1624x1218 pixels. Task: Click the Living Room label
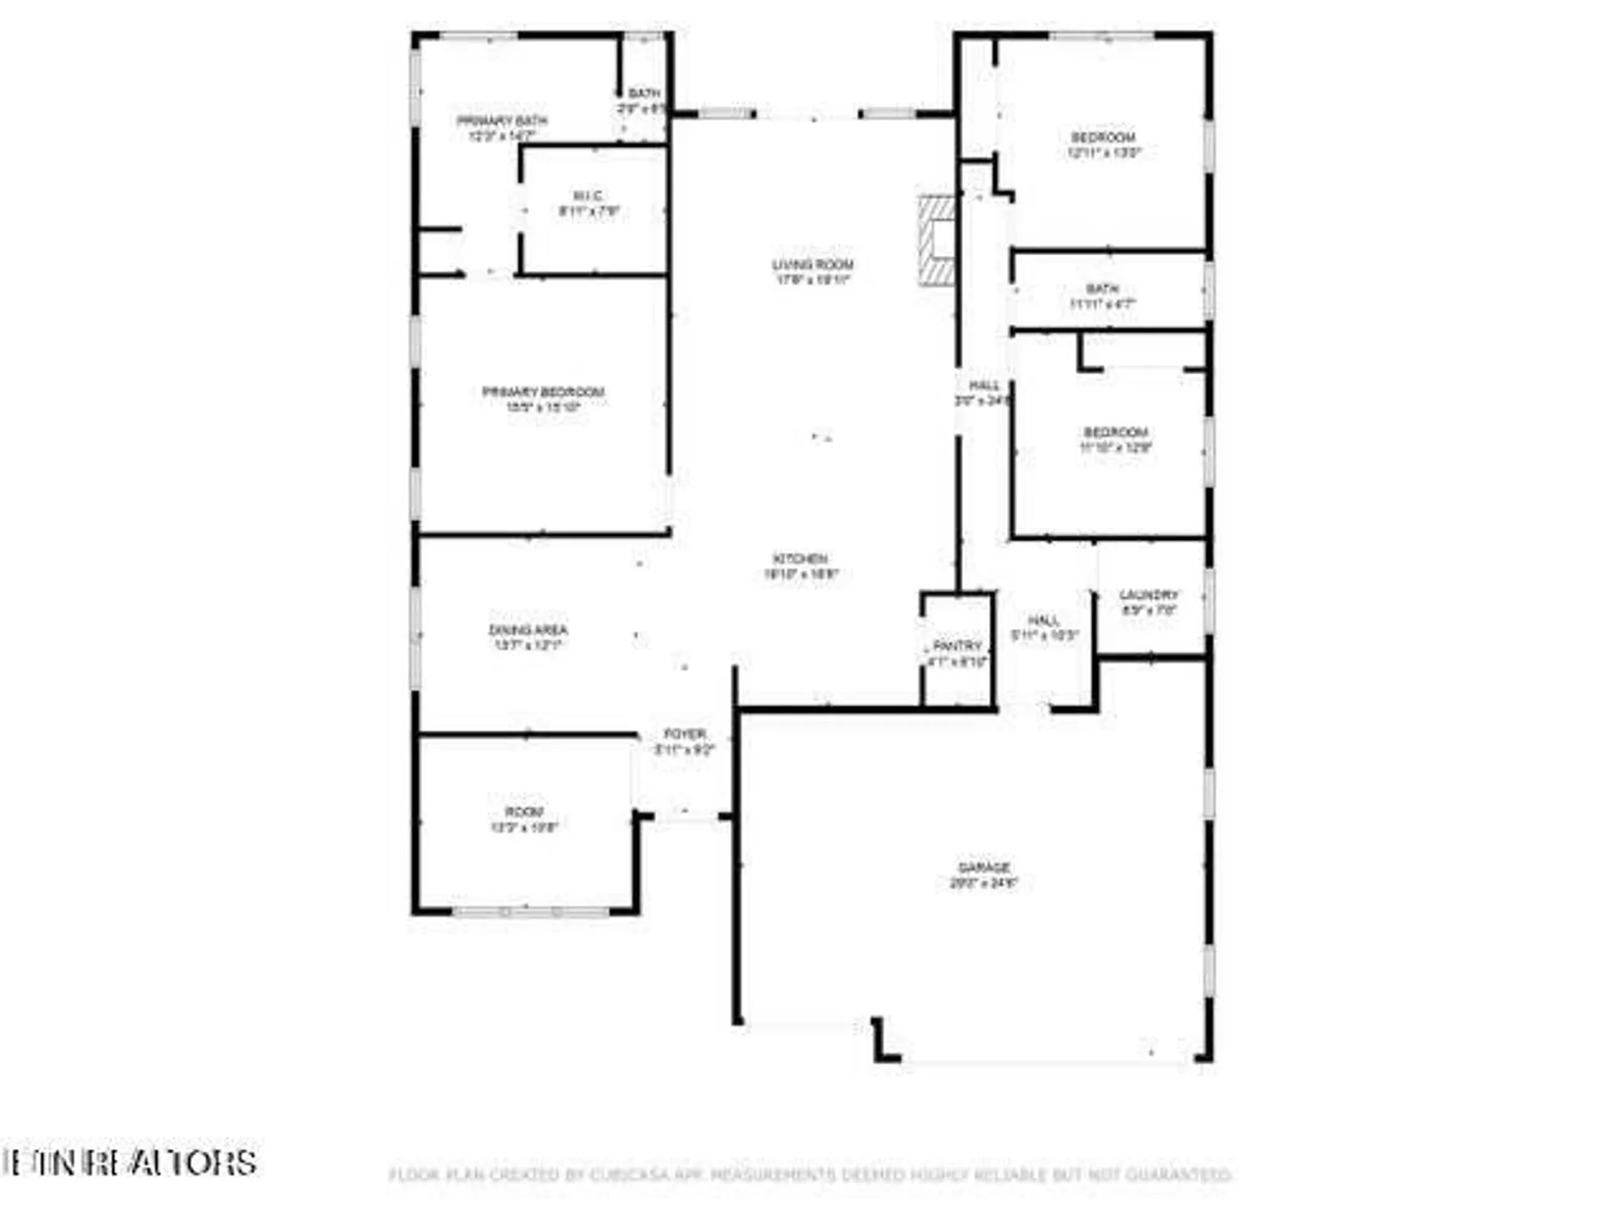[812, 271]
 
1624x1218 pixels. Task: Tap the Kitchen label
[800, 566]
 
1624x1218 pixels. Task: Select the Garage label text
[983, 875]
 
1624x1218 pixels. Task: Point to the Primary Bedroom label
[543, 399]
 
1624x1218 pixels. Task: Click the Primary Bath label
[502, 127]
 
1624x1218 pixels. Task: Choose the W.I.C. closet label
[589, 203]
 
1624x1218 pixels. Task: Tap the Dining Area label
[528, 637]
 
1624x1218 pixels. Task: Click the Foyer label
[685, 741]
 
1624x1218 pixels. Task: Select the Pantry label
[957, 653]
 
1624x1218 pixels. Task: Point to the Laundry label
[1148, 602]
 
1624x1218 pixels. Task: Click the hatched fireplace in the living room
[937, 240]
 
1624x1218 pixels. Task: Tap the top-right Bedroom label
[1103, 144]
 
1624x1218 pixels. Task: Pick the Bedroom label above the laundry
[1116, 439]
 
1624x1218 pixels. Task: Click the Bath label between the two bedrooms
[1102, 296]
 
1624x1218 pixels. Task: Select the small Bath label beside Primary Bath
[644, 100]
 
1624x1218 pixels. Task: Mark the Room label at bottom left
[524, 818]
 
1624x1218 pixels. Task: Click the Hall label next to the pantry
[1043, 627]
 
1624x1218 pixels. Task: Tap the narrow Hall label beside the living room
[983, 392]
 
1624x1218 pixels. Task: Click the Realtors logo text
[130, 1162]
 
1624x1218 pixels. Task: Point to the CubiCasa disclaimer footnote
[810, 1174]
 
